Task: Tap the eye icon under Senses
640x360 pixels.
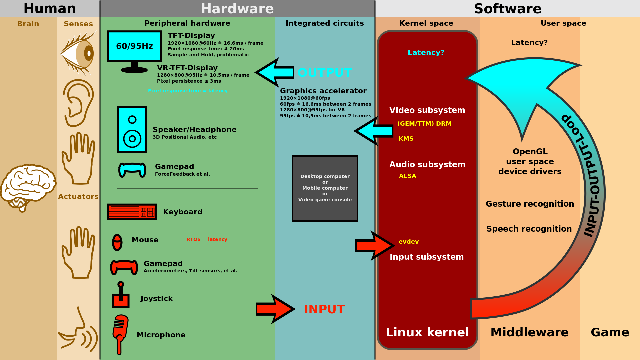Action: (x=78, y=53)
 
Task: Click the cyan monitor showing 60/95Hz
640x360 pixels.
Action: (x=134, y=46)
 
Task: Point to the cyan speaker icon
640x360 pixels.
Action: (x=132, y=130)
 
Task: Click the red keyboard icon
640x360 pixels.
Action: (x=132, y=212)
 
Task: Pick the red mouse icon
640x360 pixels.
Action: (x=117, y=242)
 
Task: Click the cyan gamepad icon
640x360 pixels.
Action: (x=132, y=169)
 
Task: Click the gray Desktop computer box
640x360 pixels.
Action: (x=325, y=188)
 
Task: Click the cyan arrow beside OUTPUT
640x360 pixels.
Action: (x=275, y=72)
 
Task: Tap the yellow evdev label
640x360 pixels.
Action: (x=408, y=242)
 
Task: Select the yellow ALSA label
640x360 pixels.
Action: (x=407, y=176)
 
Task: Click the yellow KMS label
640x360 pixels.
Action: (x=406, y=139)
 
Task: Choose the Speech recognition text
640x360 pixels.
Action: (x=529, y=229)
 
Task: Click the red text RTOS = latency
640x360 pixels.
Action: (x=207, y=239)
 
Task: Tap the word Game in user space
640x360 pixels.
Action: (x=610, y=332)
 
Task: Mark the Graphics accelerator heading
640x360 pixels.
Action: (x=323, y=91)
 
